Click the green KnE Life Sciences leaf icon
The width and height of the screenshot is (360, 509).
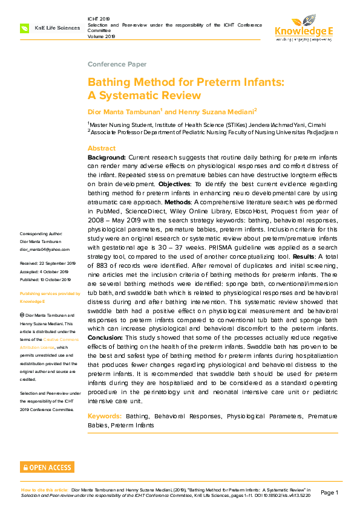[x=24, y=28]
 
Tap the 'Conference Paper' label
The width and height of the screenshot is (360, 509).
[x=117, y=64]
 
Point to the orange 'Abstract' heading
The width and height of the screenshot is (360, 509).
[x=102, y=148]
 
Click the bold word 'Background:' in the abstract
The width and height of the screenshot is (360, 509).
[x=106, y=157]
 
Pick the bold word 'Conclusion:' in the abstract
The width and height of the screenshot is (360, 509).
[x=108, y=337]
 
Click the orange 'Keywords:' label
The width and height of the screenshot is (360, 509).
[x=104, y=417]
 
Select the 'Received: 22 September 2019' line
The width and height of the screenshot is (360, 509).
[x=47, y=264]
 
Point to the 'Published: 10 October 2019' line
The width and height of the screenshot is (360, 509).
[x=45, y=279]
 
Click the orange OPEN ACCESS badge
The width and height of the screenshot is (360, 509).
[x=47, y=467]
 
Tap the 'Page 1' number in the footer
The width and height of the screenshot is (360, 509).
[x=329, y=493]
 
